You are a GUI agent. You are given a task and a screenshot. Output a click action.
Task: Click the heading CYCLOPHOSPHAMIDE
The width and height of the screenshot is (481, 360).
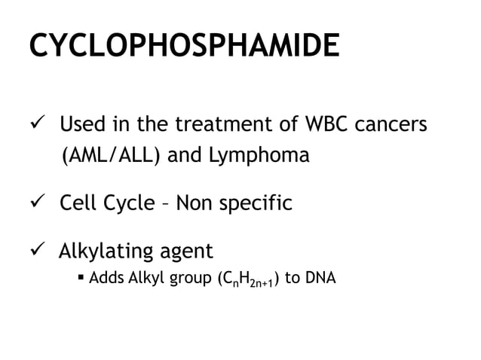click(184, 47)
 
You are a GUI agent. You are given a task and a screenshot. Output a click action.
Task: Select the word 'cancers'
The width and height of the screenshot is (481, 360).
click(392, 123)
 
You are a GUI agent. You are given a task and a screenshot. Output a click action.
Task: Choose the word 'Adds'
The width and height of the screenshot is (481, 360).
click(106, 278)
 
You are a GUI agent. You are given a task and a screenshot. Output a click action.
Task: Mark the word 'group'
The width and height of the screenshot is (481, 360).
click(186, 279)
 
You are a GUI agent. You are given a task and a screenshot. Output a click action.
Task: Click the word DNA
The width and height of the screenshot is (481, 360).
click(320, 278)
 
